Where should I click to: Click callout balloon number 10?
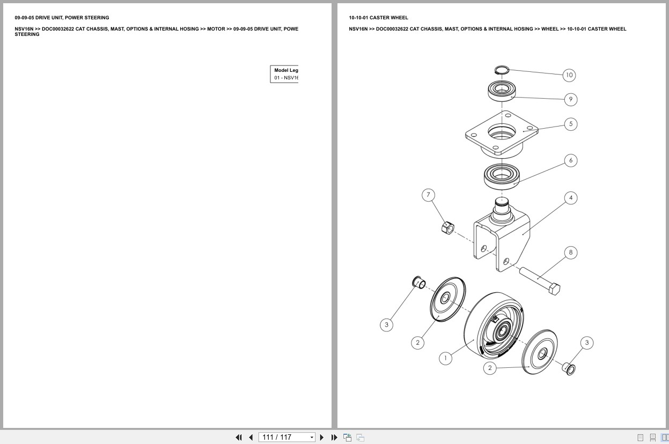coord(569,75)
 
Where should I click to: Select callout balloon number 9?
coord(570,99)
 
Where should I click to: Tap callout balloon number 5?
coord(570,124)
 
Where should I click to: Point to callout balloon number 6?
coord(570,160)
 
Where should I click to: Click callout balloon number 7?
coord(428,195)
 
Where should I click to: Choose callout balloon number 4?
coord(570,198)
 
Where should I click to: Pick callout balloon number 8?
coord(570,253)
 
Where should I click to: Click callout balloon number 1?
coord(445,358)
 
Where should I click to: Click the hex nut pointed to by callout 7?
coord(447,228)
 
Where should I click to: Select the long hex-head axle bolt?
coord(539,279)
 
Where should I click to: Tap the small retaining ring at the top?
coord(501,70)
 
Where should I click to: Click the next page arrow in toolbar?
coord(322,438)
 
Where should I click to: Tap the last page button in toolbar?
coord(334,438)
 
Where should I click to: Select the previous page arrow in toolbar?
coord(251,438)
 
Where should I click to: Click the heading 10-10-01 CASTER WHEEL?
coord(378,18)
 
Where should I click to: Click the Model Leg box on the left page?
coord(284,74)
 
